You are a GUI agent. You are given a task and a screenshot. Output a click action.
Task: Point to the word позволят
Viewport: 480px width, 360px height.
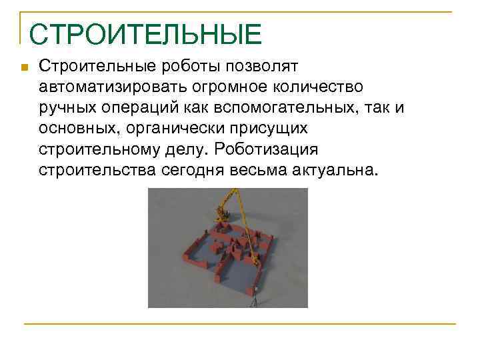[265, 67]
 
